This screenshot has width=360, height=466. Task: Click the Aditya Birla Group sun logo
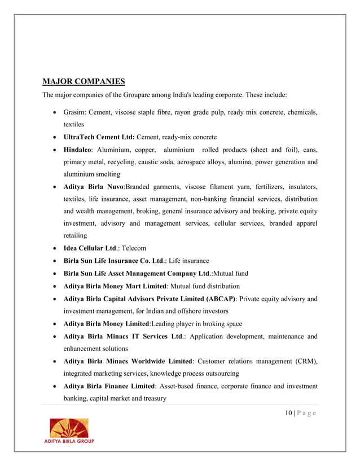69,427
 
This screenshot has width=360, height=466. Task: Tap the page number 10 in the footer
288,414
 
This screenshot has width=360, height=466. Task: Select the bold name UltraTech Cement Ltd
99,137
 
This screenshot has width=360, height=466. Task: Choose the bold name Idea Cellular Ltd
90,248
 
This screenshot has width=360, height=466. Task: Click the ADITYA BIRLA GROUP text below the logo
69,441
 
